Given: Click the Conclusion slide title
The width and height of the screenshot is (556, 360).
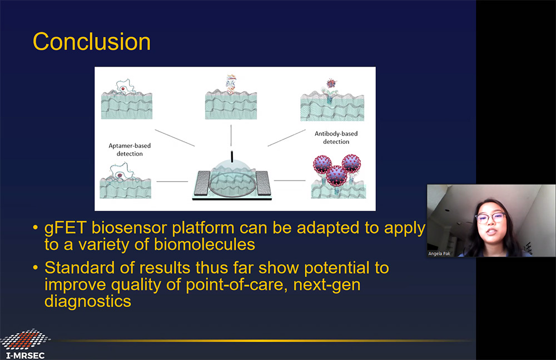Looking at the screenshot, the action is [92, 42].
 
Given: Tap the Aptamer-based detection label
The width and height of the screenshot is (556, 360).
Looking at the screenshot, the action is [130, 149].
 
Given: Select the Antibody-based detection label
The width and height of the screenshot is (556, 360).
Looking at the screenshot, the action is [336, 137].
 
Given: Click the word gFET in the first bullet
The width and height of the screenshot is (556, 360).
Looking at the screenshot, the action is [65, 228].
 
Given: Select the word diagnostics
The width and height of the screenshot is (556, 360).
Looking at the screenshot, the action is [88, 302].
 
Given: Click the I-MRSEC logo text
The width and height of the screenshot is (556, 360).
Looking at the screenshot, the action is [26, 356].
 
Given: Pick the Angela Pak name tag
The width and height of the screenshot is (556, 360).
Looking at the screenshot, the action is [439, 253].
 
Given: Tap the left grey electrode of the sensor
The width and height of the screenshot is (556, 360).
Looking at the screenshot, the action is [203, 183].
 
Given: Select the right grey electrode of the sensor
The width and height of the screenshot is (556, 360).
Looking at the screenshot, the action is [263, 183].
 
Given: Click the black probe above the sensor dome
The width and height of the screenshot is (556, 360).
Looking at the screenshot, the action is [232, 157].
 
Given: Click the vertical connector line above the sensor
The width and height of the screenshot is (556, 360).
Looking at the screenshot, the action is [231, 136].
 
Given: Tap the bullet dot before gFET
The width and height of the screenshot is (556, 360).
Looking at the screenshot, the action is [35, 227].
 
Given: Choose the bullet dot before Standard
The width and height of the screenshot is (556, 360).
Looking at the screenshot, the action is [35, 268].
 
